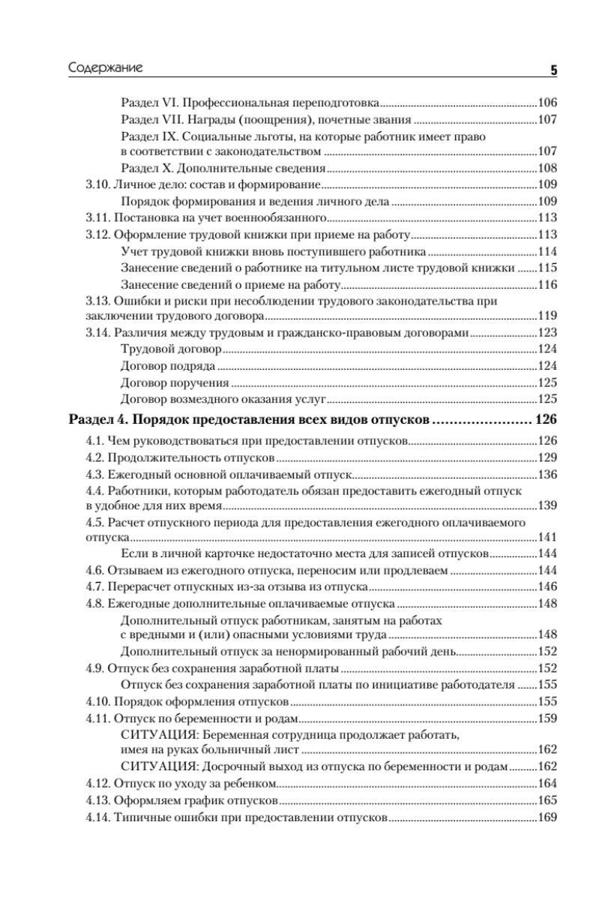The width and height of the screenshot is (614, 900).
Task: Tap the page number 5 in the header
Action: [553, 70]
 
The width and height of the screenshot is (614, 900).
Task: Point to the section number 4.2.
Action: [91, 457]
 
